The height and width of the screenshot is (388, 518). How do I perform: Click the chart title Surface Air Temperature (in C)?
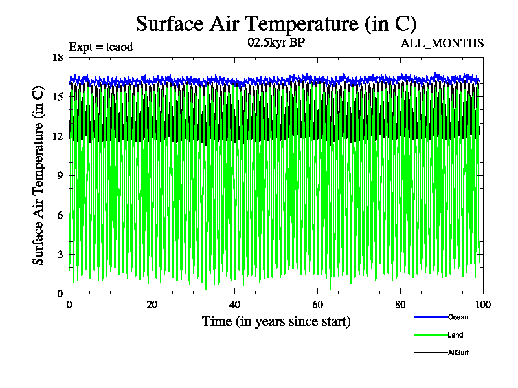276,24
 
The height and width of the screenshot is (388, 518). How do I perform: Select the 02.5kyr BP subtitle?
276,43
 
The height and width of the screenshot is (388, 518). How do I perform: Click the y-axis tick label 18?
57,58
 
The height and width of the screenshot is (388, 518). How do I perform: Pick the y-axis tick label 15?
57,97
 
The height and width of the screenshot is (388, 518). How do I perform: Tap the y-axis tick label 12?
57,136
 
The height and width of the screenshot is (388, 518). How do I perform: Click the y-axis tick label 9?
60,176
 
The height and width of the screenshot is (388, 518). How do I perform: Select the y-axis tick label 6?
60,215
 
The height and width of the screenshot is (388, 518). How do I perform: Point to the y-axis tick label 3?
60,255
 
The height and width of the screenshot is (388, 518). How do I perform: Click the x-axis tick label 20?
152,305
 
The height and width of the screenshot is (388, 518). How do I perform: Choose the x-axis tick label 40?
234,305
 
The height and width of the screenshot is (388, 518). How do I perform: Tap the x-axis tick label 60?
317,305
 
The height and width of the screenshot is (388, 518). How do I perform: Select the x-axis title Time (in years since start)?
276,321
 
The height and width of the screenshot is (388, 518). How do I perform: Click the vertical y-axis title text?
39,175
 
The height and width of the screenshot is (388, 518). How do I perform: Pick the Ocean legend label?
458,317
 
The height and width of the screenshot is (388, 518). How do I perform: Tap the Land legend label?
455,335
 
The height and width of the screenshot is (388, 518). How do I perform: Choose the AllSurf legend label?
458,352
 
